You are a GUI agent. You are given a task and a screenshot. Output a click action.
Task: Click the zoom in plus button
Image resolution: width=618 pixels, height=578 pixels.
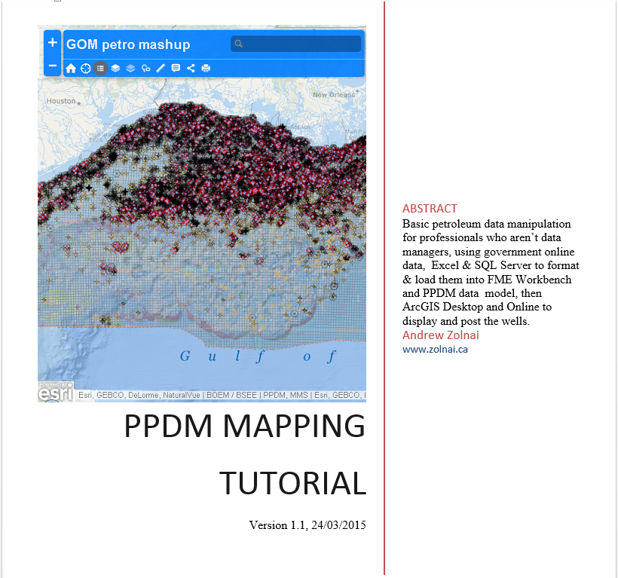click(52, 43)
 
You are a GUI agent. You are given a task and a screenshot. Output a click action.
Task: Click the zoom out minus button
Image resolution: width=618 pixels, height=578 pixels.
click(52, 66)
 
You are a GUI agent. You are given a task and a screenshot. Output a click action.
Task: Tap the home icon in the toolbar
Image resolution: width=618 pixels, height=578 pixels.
click(71, 69)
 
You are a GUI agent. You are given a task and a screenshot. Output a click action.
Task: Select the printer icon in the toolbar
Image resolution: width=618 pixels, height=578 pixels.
click(206, 69)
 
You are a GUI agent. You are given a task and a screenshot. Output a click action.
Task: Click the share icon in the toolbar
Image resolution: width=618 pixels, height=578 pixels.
click(191, 69)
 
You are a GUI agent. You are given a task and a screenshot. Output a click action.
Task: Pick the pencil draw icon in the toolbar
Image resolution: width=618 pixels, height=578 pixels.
click(161, 69)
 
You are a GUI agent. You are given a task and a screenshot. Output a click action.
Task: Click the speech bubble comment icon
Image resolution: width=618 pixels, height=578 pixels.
click(176, 69)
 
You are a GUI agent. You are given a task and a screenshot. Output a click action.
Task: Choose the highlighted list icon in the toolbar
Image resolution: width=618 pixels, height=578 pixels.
click(100, 69)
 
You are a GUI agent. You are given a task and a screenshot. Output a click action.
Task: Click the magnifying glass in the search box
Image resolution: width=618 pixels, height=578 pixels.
click(239, 44)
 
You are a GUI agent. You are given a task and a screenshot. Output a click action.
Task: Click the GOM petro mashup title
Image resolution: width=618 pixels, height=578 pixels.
click(128, 44)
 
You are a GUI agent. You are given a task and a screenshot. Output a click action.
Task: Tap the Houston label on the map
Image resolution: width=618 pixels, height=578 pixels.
click(61, 101)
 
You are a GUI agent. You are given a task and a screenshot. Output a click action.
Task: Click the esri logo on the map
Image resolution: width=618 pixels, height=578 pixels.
click(56, 393)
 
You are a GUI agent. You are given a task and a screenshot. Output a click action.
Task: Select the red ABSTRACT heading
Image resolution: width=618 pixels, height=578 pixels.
click(430, 209)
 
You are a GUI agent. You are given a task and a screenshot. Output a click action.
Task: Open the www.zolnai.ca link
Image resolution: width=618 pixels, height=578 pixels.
click(435, 349)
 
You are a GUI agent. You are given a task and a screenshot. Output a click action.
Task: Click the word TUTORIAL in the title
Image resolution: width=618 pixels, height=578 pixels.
click(292, 482)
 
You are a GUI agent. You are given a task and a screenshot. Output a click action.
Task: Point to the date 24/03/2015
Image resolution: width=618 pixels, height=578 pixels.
click(338, 525)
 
